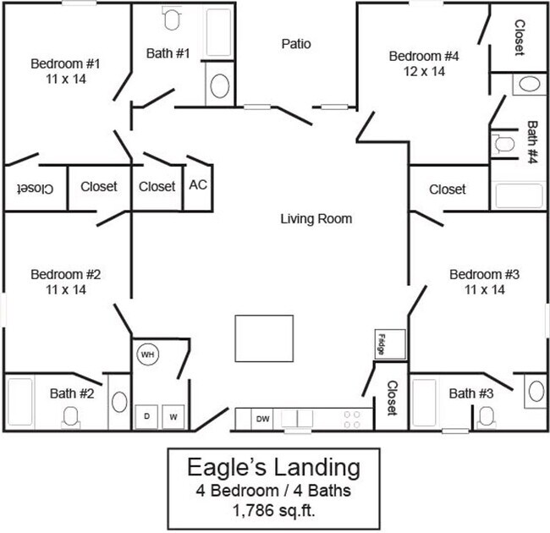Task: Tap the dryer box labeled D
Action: point(146,417)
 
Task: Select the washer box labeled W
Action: point(173,417)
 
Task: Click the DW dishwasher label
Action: point(263,418)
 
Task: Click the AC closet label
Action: point(197,184)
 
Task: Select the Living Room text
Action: point(316,219)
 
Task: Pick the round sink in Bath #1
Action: point(218,86)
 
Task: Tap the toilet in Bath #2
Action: point(71,415)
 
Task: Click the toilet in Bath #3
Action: point(486,415)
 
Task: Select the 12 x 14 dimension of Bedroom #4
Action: point(423,71)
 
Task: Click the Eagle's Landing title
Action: point(273,467)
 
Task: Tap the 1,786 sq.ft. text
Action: point(273,510)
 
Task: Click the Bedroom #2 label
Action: point(65,274)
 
